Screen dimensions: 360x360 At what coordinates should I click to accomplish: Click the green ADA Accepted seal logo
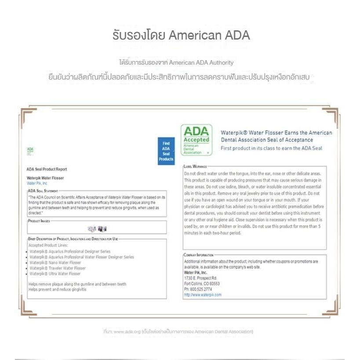click(x=196, y=140)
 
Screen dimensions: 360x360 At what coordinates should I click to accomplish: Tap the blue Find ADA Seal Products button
click(x=166, y=151)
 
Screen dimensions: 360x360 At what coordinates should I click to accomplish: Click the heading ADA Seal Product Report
click(x=47, y=169)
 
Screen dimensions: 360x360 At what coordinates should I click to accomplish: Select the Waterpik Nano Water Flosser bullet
click(x=55, y=262)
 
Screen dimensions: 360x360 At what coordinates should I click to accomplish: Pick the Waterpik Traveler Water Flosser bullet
click(x=58, y=268)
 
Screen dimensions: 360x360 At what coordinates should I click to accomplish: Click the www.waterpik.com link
click(x=203, y=295)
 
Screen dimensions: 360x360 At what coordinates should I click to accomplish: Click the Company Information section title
click(x=199, y=255)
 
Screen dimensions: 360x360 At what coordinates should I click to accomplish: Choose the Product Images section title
click(x=39, y=221)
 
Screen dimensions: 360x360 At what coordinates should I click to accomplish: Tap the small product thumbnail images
click(x=97, y=229)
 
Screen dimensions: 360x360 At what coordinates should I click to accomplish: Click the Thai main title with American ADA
click(x=181, y=36)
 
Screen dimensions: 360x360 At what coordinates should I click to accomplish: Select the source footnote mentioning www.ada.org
click(x=178, y=331)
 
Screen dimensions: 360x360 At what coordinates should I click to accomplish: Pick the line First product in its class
click(x=271, y=148)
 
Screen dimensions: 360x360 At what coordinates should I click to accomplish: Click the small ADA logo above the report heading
click(x=30, y=150)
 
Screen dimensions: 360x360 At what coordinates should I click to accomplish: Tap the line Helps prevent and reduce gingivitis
click(x=58, y=290)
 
